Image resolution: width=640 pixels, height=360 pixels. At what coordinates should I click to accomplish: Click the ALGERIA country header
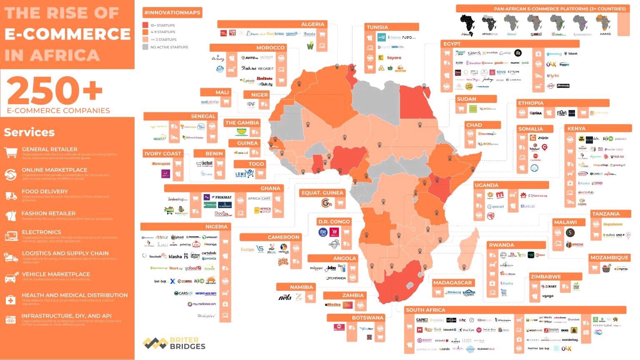(312, 24)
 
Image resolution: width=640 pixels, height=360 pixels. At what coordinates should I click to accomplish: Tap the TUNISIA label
(377, 27)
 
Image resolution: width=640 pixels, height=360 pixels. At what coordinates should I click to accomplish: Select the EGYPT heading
(452, 44)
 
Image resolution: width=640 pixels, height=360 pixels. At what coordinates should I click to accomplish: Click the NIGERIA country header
(216, 227)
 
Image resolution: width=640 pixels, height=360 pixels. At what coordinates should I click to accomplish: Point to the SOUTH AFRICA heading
(425, 310)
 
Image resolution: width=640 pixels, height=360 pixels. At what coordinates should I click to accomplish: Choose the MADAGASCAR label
(452, 282)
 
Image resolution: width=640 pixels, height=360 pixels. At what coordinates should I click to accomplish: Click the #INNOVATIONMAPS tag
(172, 12)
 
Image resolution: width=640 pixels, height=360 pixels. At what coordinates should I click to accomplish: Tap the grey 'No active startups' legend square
(145, 47)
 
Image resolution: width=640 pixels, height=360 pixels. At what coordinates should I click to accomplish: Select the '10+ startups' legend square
(145, 25)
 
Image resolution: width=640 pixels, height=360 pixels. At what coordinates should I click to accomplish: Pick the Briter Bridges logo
(174, 343)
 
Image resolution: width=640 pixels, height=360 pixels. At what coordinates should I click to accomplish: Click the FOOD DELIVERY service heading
(45, 192)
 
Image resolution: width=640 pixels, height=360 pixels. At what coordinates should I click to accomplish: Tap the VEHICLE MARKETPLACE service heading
(56, 274)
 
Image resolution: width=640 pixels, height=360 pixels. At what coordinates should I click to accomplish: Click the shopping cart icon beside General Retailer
(10, 152)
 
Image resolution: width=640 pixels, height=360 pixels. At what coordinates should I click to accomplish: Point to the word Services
(29, 132)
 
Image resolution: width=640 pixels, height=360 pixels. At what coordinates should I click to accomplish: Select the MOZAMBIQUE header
(609, 257)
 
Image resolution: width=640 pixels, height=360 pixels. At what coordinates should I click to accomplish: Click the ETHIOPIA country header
(530, 103)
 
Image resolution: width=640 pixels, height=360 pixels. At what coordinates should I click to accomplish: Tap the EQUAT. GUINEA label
(322, 193)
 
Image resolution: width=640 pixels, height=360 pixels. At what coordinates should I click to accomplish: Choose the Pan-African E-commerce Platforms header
(560, 9)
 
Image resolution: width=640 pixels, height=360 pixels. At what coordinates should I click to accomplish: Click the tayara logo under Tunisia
(394, 58)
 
